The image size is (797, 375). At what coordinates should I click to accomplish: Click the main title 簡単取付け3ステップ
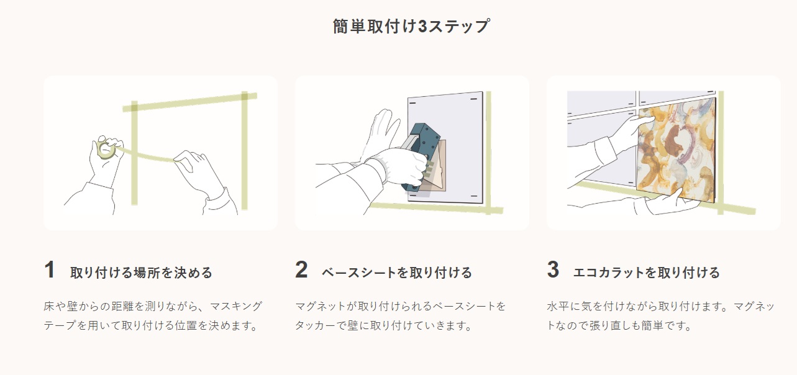411,26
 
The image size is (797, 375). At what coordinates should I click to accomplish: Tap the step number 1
50,269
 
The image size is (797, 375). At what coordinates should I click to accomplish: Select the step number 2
301,269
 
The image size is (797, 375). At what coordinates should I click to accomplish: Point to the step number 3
553,269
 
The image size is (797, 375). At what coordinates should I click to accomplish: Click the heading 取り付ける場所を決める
141,273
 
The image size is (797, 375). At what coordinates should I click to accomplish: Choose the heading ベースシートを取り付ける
397,273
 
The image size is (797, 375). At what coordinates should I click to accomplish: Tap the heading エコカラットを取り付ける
647,273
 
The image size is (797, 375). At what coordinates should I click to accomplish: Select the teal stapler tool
421,157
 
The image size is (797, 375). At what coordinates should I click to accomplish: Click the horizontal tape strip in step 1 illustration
189,102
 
